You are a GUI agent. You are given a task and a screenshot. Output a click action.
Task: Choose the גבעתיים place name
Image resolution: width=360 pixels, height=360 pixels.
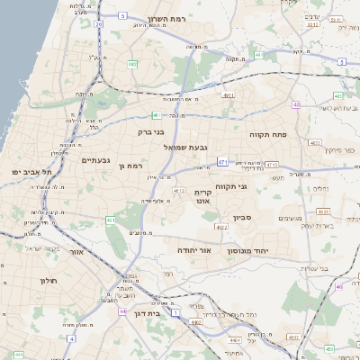tap(94, 160)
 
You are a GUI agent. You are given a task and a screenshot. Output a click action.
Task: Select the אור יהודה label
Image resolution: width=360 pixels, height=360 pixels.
tap(193, 249)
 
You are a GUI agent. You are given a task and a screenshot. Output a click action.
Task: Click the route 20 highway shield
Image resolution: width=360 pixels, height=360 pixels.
tap(98, 24)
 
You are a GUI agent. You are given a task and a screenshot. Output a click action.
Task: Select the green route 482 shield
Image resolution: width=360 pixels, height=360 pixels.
tap(132, 65)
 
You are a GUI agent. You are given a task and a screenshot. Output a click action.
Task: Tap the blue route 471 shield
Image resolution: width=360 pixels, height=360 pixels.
tap(221, 163)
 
